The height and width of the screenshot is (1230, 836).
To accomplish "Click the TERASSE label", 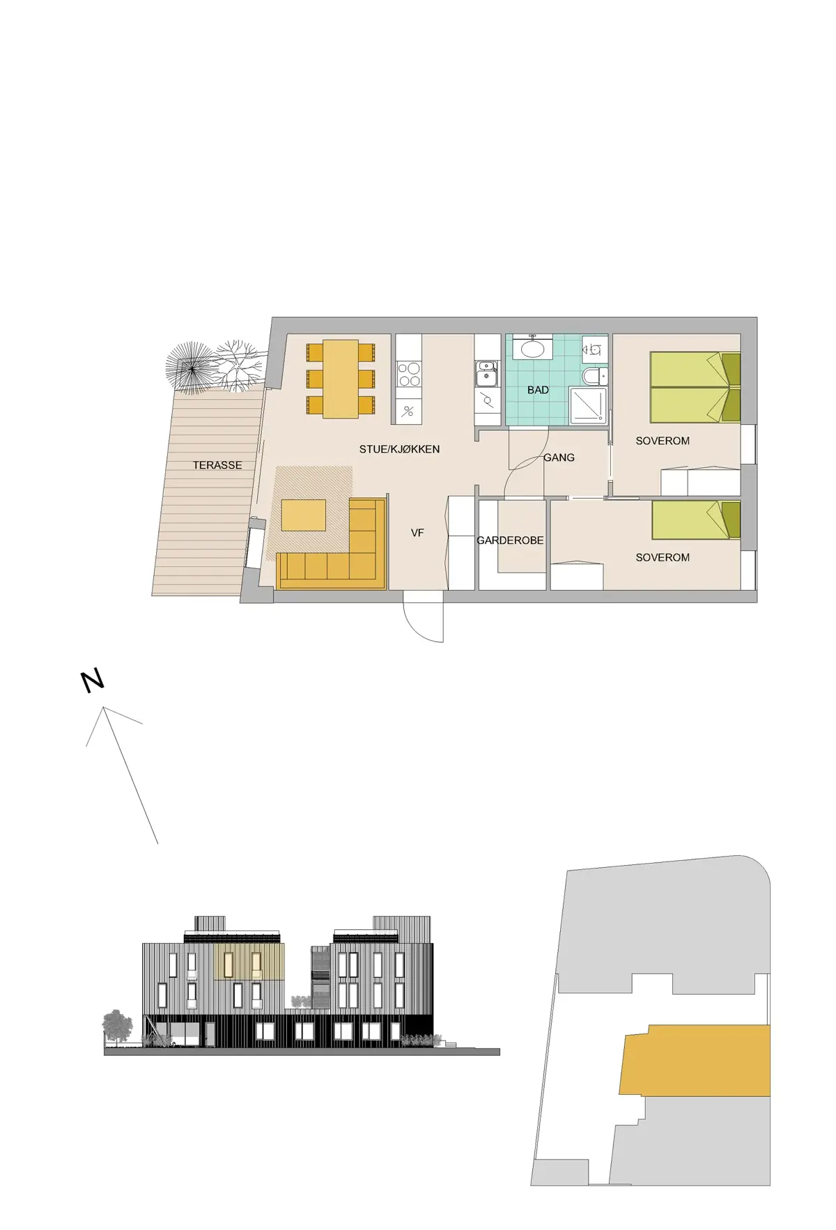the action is tap(217, 465).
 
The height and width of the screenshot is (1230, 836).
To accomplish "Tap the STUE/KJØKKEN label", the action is tap(399, 449).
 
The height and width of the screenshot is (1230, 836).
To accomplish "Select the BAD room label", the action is tap(538, 390).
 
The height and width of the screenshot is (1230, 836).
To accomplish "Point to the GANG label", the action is tap(559, 458).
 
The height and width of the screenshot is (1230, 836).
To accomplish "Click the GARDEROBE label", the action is tap(510, 540).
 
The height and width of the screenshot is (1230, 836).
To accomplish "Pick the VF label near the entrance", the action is tap(417, 533).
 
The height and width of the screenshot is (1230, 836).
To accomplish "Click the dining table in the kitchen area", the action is tap(341, 379).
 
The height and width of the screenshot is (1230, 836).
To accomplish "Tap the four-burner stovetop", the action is tap(409, 374).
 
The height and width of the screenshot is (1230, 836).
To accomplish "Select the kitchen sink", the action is tap(486, 374).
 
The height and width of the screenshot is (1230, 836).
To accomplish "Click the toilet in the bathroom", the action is tap(594, 377).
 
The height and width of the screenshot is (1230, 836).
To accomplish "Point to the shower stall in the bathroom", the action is tap(588, 405).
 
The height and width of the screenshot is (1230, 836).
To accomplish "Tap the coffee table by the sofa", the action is tap(303, 515).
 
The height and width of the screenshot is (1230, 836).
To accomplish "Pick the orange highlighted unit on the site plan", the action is tap(695, 1060).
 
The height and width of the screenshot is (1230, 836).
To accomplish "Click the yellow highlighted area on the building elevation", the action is tap(249, 961).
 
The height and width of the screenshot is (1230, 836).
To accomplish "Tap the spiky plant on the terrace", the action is tap(189, 368).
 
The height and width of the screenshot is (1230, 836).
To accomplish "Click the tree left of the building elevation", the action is tap(117, 1027).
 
